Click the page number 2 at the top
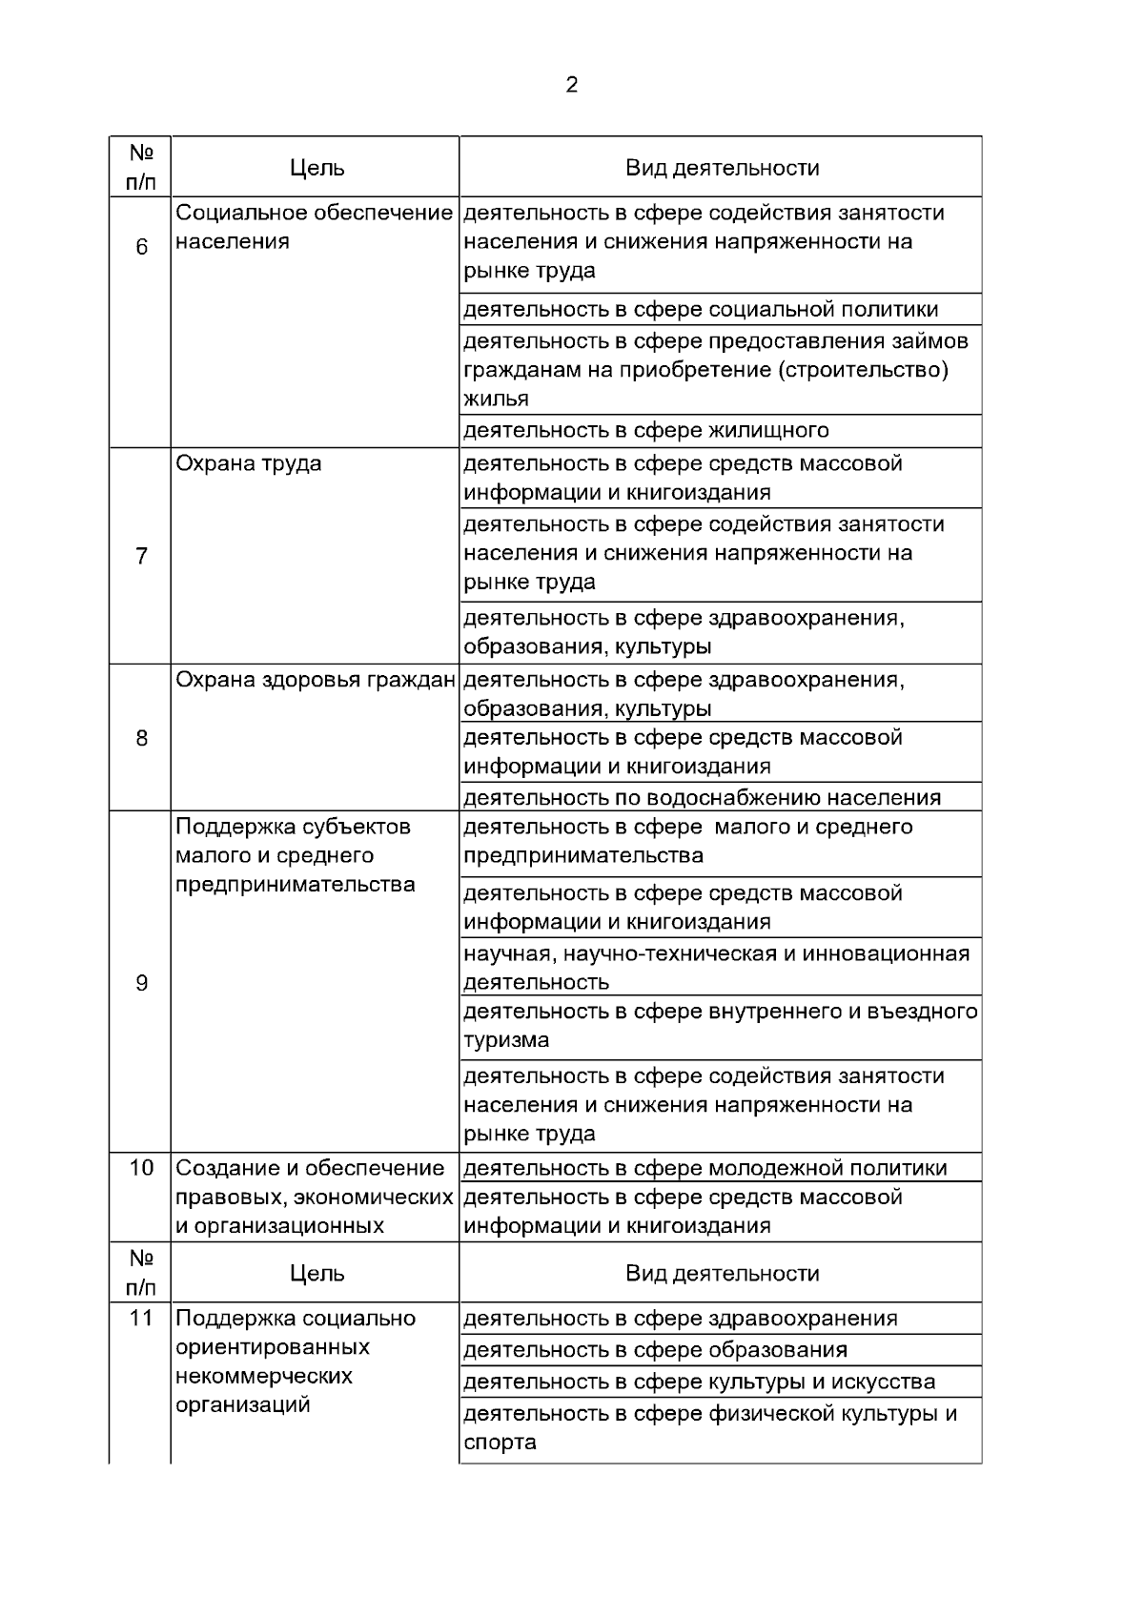572,85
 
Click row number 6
142,248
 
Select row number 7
142,556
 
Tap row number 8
142,738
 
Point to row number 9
142,983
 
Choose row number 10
142,1168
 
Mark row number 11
142,1319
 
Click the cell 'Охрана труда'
249,464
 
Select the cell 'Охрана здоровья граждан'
316,680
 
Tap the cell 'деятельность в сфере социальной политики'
701,309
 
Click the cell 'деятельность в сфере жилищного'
646,430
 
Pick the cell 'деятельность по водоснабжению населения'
702,797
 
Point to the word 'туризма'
506,1040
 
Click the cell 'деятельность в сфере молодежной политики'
705,1168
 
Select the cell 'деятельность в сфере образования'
656,1350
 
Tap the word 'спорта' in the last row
500,1443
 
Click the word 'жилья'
497,399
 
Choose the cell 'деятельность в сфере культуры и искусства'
700,1382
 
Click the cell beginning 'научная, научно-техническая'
717,967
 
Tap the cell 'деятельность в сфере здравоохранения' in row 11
681,1319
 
